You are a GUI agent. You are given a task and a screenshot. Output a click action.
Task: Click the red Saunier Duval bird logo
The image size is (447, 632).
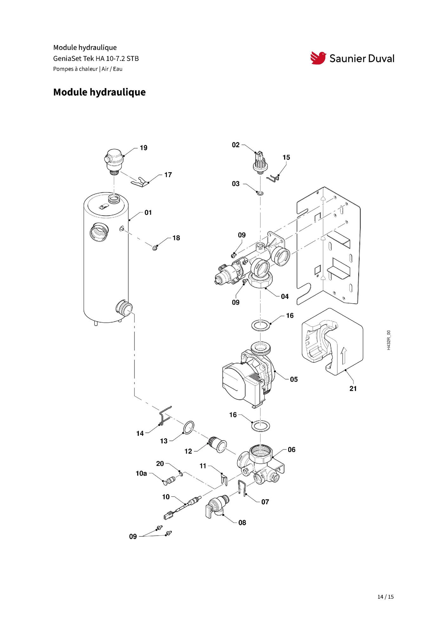pos(318,58)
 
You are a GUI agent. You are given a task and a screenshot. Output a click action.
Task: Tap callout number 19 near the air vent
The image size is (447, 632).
pos(144,148)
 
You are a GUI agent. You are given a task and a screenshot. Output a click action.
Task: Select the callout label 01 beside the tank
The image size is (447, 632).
pos(148,213)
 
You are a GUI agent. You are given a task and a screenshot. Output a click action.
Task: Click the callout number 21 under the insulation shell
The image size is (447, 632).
pos(353,389)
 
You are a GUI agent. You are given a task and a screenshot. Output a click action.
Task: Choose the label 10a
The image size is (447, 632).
pos(141,474)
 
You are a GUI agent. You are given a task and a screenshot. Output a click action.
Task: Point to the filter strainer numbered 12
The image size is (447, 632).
pos(217,444)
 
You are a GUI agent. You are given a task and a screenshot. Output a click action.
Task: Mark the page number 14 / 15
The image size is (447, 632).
pos(385,597)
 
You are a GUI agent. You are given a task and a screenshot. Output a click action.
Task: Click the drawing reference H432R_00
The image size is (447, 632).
pos(389,340)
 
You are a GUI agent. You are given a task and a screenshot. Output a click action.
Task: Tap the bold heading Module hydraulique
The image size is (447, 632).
pos(99,92)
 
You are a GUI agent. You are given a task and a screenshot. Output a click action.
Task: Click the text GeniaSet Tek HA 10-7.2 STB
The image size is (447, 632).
pos(96,59)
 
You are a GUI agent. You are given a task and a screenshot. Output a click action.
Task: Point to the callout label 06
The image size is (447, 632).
pos(291,450)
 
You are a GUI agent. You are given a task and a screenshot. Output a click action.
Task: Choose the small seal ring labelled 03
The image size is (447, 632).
pos(260,193)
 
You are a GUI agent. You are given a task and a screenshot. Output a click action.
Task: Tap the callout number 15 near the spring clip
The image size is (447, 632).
pos(286,158)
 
